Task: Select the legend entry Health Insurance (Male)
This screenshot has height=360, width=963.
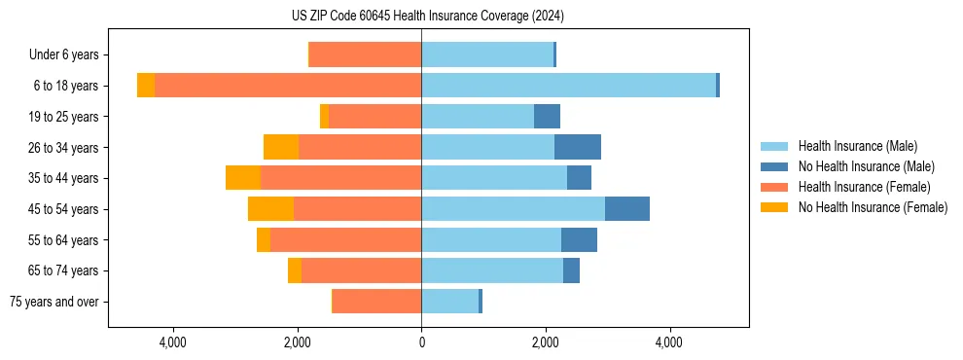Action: pos(857,146)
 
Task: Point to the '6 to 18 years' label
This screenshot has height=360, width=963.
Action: pos(65,86)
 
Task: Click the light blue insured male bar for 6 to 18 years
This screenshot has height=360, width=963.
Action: pos(568,86)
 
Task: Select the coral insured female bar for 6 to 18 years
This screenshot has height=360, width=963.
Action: pos(288,86)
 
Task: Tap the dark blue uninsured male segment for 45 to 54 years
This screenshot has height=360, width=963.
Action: pos(627,209)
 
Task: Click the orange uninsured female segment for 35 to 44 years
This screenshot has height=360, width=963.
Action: pos(243,178)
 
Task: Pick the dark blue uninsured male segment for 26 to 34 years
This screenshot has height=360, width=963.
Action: pos(578,147)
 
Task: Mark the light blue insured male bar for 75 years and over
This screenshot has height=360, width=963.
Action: pos(449,302)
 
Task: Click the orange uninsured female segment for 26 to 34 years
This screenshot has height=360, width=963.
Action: pos(281,147)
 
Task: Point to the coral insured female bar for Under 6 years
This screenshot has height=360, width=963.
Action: pos(366,55)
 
